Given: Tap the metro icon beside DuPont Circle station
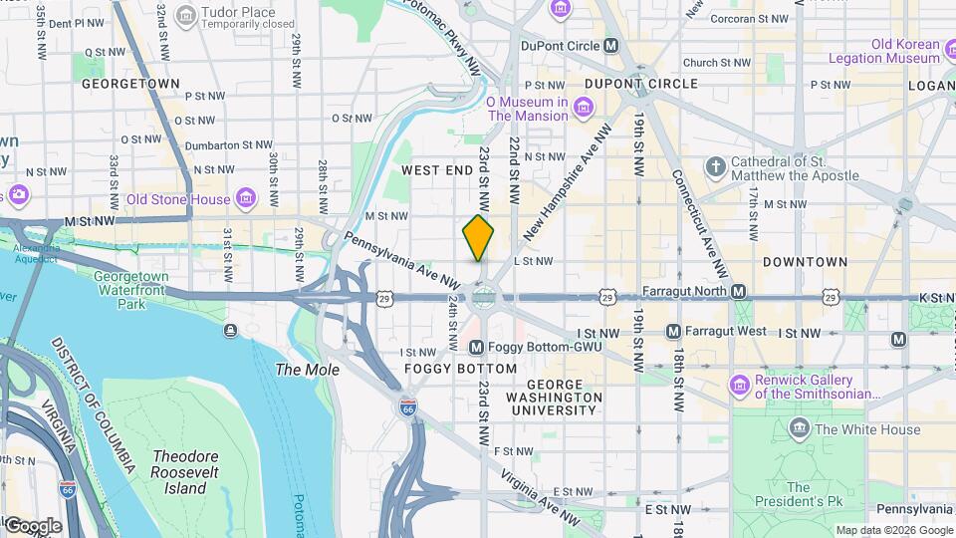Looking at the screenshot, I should [x=611, y=46].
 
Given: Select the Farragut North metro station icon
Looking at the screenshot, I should [x=738, y=291].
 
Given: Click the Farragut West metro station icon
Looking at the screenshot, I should [x=673, y=331].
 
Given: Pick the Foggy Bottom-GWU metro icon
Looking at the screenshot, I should [x=476, y=348].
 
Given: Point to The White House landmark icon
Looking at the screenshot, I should [x=800, y=429].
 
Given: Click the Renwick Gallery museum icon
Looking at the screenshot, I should [x=739, y=385].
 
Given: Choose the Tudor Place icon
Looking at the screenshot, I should [x=185, y=15].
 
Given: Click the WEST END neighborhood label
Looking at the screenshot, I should [x=437, y=170].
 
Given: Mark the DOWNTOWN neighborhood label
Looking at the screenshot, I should [x=805, y=262].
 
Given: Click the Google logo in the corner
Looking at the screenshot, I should [x=32, y=526].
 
